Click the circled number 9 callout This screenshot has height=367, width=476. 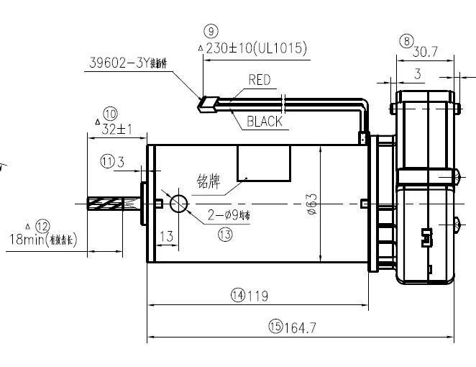click(x=210, y=31)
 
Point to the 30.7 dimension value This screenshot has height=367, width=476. click(x=426, y=52)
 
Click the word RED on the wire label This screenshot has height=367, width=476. click(x=259, y=80)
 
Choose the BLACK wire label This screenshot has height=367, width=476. click(x=264, y=122)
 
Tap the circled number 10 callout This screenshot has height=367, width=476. click(x=110, y=113)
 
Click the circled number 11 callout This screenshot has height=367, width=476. click(x=107, y=162)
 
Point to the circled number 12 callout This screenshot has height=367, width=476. click(x=42, y=225)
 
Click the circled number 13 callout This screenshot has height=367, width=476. click(x=225, y=235)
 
